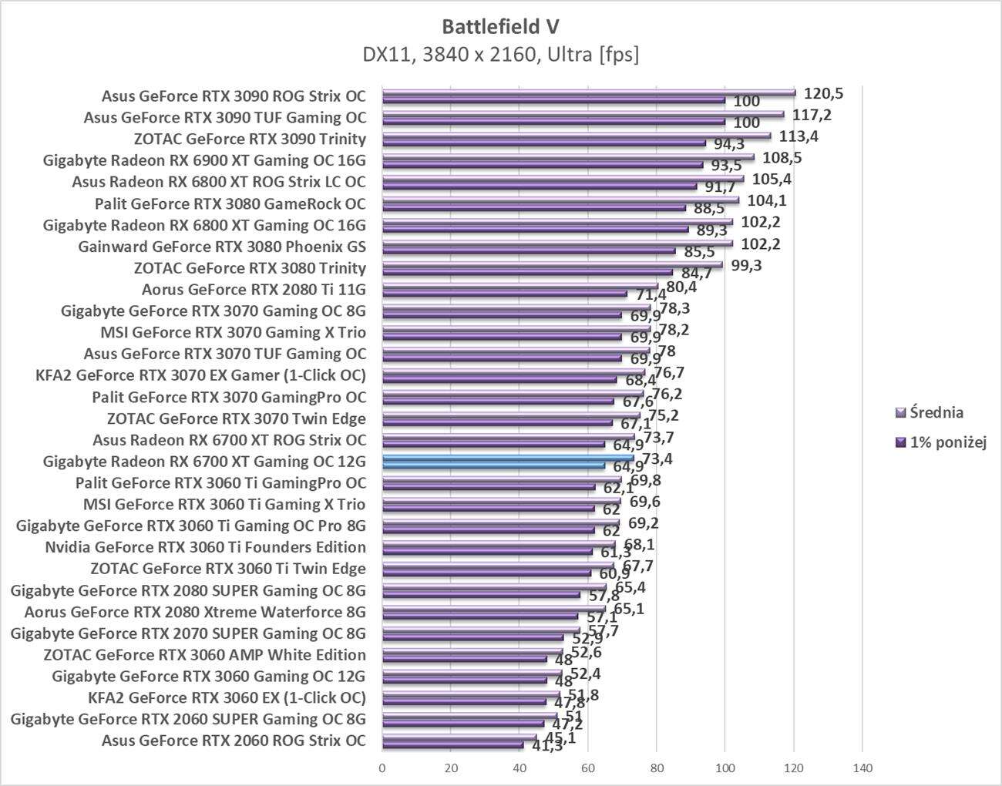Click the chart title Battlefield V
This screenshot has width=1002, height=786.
pyautogui.click(x=500, y=26)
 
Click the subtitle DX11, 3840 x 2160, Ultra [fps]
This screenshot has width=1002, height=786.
pyautogui.click(x=500, y=55)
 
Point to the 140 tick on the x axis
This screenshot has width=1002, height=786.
pyautogui.click(x=862, y=768)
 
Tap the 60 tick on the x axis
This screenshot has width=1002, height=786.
pyautogui.click(x=588, y=768)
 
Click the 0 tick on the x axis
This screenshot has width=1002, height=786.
pyautogui.click(x=382, y=768)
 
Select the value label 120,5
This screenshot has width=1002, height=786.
pyautogui.click(x=823, y=93)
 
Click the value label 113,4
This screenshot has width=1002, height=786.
pyautogui.click(x=799, y=136)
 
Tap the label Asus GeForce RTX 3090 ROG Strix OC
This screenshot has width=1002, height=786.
pyautogui.click(x=234, y=96)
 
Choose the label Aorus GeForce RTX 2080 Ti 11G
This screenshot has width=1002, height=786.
pyautogui.click(x=254, y=290)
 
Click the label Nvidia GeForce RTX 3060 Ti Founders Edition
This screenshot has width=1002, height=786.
pyautogui.click(x=205, y=547)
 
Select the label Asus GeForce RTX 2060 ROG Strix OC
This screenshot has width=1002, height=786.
pyautogui.click(x=234, y=741)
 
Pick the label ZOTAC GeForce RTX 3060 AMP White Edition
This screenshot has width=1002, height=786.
pyautogui.click(x=204, y=655)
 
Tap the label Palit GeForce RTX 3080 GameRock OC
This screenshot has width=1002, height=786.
pyautogui.click(x=230, y=204)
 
